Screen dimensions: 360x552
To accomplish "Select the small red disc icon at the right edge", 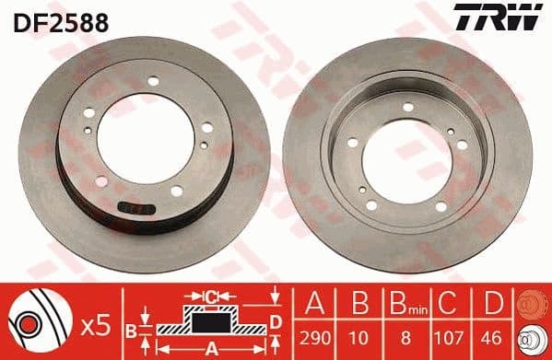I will tap(533, 305).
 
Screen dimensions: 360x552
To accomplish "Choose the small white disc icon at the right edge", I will tap(533, 338).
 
